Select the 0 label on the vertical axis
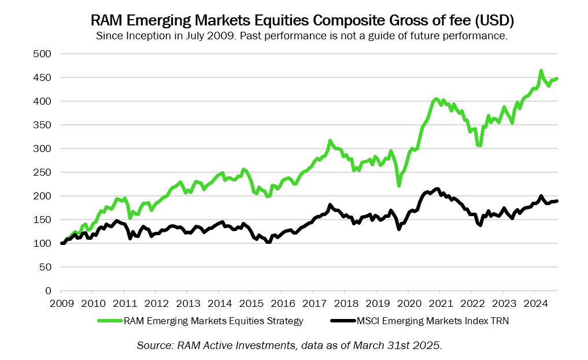coord(49,291)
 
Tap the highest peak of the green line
coord(541,71)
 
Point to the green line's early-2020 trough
coord(399,185)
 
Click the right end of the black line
coord(557,201)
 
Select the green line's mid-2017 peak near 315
coord(330,141)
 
